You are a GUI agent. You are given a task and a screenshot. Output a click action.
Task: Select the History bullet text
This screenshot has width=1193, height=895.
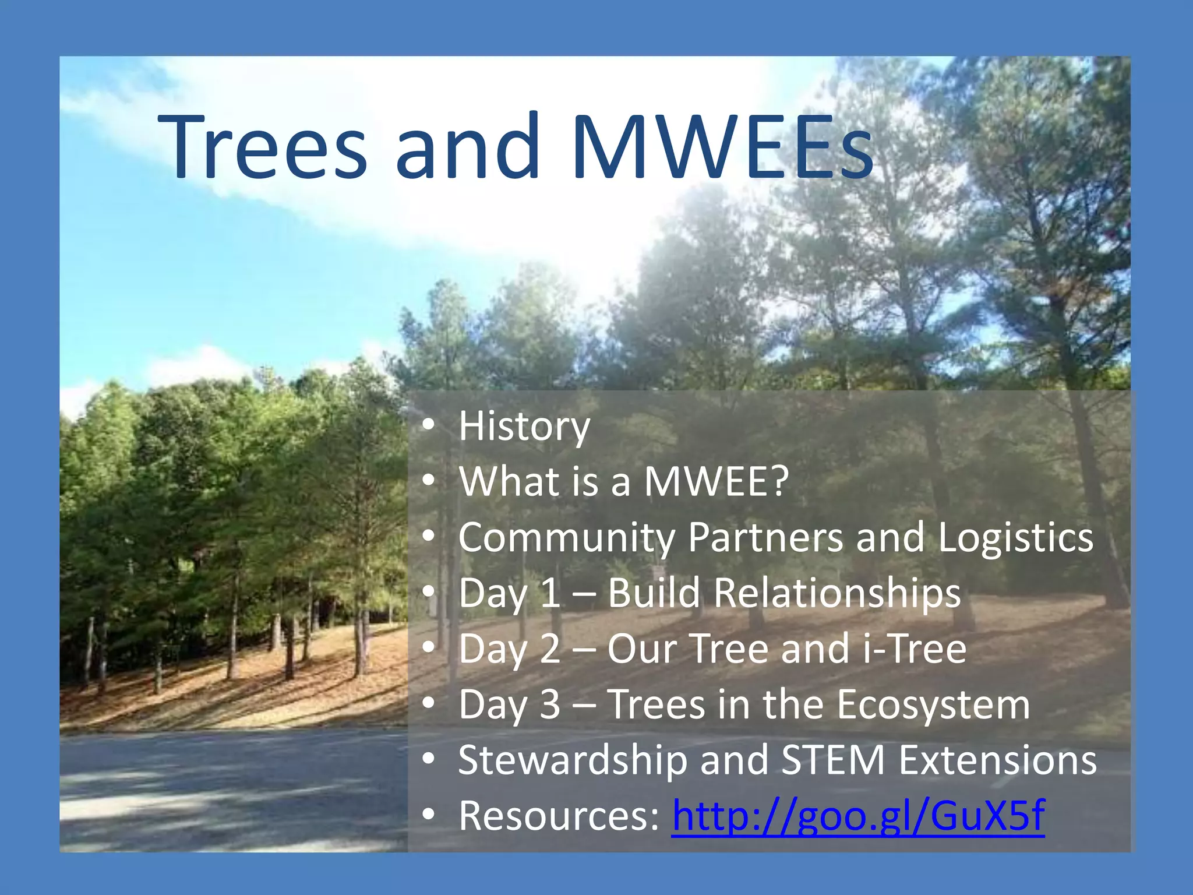(x=524, y=427)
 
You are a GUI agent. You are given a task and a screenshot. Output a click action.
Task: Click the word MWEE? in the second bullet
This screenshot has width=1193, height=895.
(x=716, y=481)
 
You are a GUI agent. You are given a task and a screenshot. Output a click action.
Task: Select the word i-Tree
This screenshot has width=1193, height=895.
(x=914, y=649)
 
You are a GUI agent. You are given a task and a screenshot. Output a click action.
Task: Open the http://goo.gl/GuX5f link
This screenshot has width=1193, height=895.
(x=858, y=816)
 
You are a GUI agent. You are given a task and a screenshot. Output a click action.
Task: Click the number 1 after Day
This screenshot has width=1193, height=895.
(x=550, y=593)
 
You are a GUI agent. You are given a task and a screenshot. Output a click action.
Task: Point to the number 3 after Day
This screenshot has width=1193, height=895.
(x=550, y=704)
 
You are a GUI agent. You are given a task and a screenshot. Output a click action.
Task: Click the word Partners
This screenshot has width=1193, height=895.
(x=765, y=537)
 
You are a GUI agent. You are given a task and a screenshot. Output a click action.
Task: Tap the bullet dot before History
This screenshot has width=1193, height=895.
(x=429, y=427)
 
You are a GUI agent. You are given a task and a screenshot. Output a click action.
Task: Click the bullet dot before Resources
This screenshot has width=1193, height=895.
(x=429, y=816)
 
